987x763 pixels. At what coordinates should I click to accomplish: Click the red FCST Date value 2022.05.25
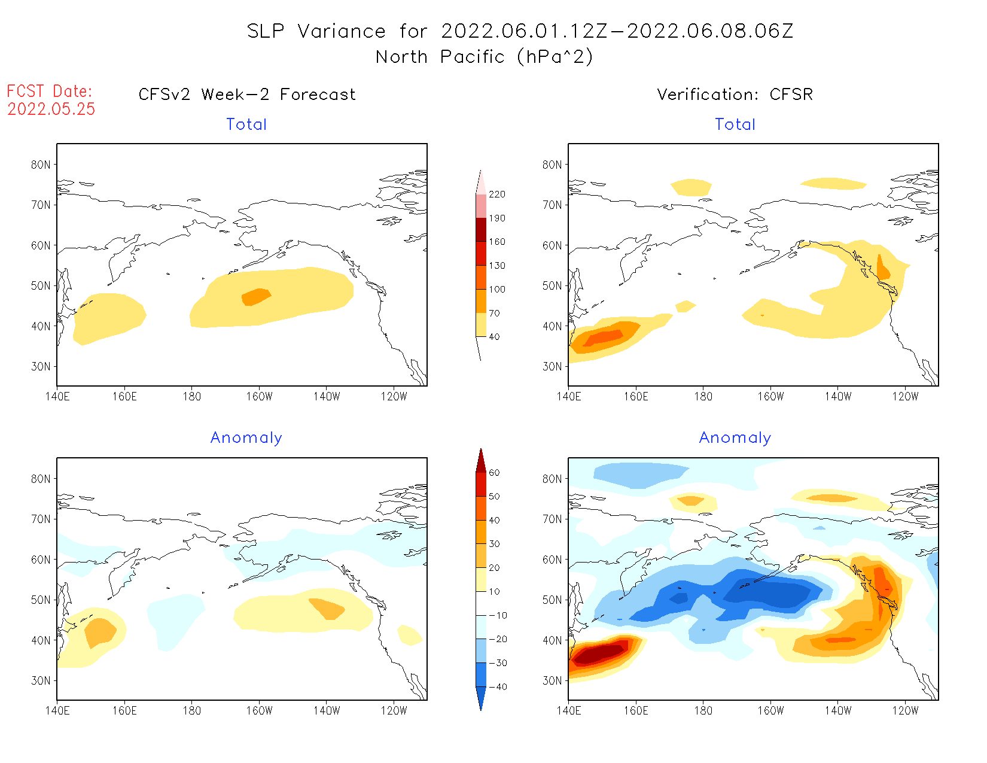51,109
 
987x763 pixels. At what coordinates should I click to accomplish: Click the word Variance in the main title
342,31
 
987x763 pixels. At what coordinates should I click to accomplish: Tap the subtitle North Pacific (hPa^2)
484,57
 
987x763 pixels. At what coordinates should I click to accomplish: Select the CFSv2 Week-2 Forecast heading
246,95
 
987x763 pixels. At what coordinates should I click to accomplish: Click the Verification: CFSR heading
735,95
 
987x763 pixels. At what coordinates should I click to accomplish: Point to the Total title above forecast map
246,124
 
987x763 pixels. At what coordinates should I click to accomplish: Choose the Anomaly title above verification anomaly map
735,438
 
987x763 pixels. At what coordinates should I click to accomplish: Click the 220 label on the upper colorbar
496,194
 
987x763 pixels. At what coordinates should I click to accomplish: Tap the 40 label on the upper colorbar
494,337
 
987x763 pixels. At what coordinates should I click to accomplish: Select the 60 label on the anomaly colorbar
494,473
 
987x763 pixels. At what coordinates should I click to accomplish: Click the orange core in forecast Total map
256,297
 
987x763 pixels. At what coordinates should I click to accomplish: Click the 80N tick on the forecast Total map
41,165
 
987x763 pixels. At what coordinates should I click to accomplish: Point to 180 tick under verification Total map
703,396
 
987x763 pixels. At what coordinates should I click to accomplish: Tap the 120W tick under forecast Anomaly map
394,711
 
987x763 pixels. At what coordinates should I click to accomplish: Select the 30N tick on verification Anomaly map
552,680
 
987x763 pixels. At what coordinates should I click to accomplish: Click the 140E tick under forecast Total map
57,396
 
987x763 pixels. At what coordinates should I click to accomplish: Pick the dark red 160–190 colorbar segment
481,230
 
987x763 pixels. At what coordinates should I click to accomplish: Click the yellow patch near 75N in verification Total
691,187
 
